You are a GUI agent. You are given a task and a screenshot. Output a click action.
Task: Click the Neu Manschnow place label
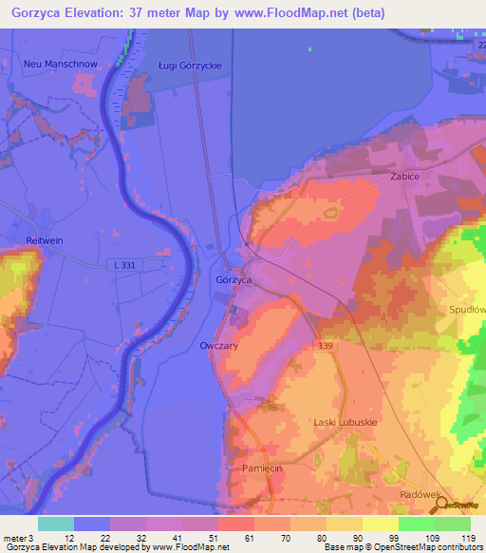55,64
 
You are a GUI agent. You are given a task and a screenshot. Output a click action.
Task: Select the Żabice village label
404,177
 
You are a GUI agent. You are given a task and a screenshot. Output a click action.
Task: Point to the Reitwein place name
46,241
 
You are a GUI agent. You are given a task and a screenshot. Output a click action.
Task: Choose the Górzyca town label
234,281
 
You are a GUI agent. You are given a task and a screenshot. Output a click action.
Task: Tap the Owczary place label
219,346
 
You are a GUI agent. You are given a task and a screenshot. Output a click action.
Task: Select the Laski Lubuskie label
346,421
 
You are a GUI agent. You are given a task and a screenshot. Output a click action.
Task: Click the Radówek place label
421,494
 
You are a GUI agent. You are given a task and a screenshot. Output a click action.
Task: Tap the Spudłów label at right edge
468,310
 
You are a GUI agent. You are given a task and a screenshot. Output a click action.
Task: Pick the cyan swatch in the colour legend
56,524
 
